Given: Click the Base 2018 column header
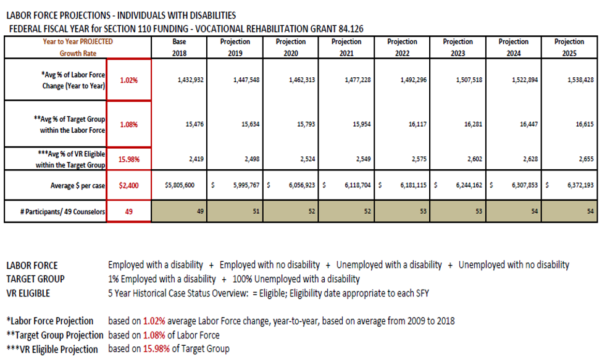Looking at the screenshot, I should pos(179,48).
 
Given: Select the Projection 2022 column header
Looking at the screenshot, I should pos(402,48).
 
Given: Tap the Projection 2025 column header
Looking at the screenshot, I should pos(569,48).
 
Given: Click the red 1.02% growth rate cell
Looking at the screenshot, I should pos(128,80).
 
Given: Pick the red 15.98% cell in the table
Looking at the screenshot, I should pos(128,159).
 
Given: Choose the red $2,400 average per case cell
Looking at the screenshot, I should pos(128,185).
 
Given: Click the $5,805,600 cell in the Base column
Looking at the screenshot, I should pos(180,185).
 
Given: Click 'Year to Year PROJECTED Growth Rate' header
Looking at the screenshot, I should pos(78,48).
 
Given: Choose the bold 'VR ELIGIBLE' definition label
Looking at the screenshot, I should pos(28,293).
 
